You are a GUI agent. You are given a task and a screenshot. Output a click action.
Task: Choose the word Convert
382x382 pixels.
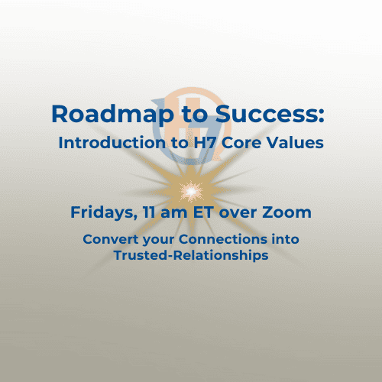106,240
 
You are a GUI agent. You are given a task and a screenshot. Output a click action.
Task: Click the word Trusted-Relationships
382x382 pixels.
191,256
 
